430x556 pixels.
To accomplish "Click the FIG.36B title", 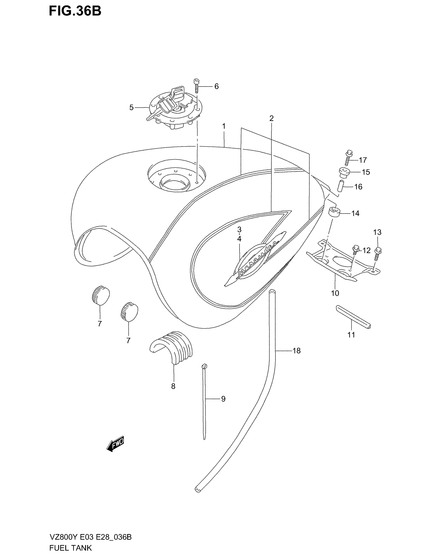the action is [75, 12].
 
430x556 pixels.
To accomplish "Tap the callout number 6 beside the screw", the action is [216, 86].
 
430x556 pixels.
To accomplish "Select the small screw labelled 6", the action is [196, 86].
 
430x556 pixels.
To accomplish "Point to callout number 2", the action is [271, 118].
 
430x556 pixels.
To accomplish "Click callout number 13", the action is [377, 232].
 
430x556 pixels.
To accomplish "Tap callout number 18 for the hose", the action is [296, 351].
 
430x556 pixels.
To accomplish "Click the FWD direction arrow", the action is [115, 445].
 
